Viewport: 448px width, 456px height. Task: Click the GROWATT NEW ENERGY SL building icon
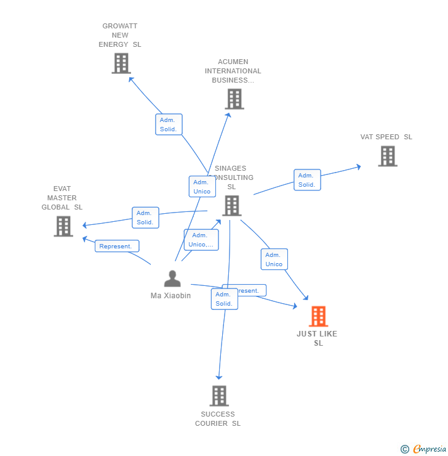pyautogui.click(x=121, y=63)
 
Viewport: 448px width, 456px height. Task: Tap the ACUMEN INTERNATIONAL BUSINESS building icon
pyautogui.click(x=234, y=99)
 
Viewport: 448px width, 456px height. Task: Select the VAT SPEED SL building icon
pyautogui.click(x=387, y=156)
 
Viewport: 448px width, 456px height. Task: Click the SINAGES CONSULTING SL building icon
pyautogui.click(x=231, y=205)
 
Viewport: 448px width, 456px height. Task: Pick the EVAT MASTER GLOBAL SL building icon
pyautogui.click(x=63, y=226)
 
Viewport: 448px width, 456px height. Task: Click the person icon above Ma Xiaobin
pyautogui.click(x=172, y=279)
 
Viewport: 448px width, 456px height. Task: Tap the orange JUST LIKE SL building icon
pyautogui.click(x=318, y=316)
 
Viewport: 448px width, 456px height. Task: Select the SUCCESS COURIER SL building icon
pyautogui.click(x=218, y=396)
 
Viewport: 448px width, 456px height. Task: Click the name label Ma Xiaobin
pyautogui.click(x=170, y=296)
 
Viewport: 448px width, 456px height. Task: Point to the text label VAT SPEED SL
pyautogui.click(x=386, y=137)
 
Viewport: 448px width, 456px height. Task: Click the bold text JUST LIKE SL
pyautogui.click(x=317, y=338)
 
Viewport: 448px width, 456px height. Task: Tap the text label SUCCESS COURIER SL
pyautogui.click(x=218, y=419)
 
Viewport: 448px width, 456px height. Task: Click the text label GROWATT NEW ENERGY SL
pyautogui.click(x=120, y=35)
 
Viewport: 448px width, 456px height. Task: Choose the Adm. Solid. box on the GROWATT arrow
pyautogui.click(x=169, y=124)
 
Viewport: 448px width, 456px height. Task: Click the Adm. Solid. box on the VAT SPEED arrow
pyautogui.click(x=307, y=180)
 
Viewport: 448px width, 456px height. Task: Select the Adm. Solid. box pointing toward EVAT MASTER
pyautogui.click(x=145, y=218)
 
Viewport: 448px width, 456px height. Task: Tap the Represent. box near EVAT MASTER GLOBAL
pyautogui.click(x=116, y=246)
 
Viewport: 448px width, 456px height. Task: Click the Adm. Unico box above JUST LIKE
pyautogui.click(x=274, y=259)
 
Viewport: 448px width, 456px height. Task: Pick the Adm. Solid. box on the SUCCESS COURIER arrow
pyautogui.click(x=224, y=299)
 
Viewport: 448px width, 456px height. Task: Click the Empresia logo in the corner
pyautogui.click(x=423, y=449)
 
